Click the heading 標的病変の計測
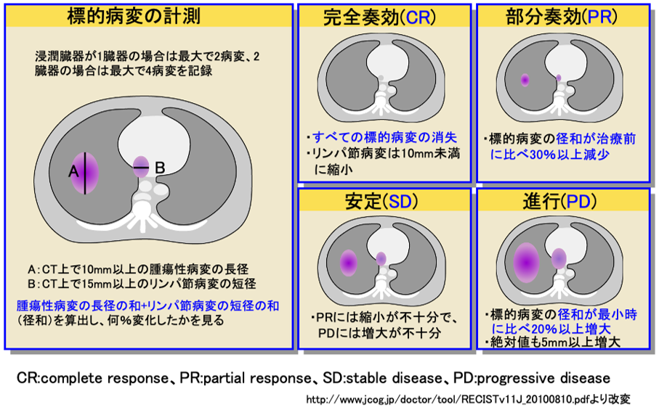coord(134,17)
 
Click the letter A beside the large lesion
coord(73,171)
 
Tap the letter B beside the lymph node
coord(160,168)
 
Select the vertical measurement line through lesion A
coord(85,173)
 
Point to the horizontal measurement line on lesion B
coord(142,168)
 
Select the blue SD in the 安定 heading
coord(400,202)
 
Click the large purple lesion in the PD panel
coord(526,262)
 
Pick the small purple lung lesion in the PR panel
coord(525,80)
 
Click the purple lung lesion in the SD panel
coord(349,263)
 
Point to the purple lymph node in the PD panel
coord(559,258)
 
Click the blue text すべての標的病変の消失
coord(384,137)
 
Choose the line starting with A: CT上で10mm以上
coord(138,269)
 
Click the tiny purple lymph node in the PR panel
coord(559,78)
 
